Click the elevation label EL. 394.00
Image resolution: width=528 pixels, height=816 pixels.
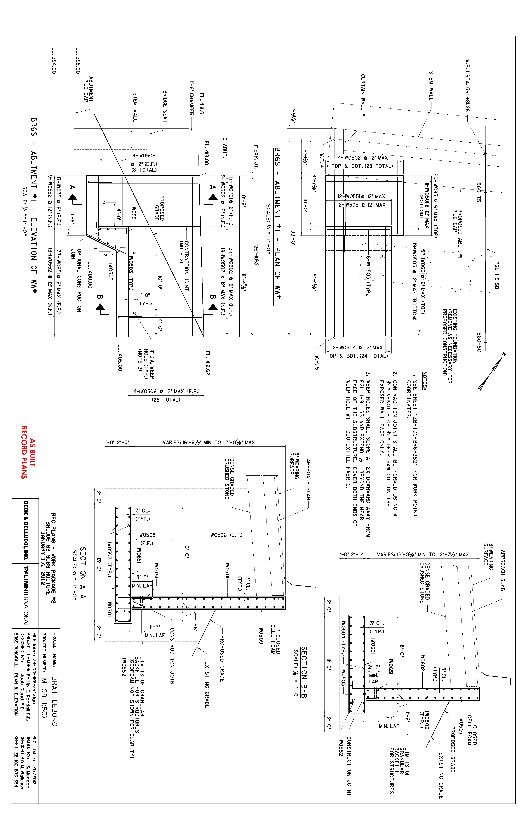click(x=54, y=61)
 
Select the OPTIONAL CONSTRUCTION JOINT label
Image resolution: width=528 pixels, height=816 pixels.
click(x=76, y=280)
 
